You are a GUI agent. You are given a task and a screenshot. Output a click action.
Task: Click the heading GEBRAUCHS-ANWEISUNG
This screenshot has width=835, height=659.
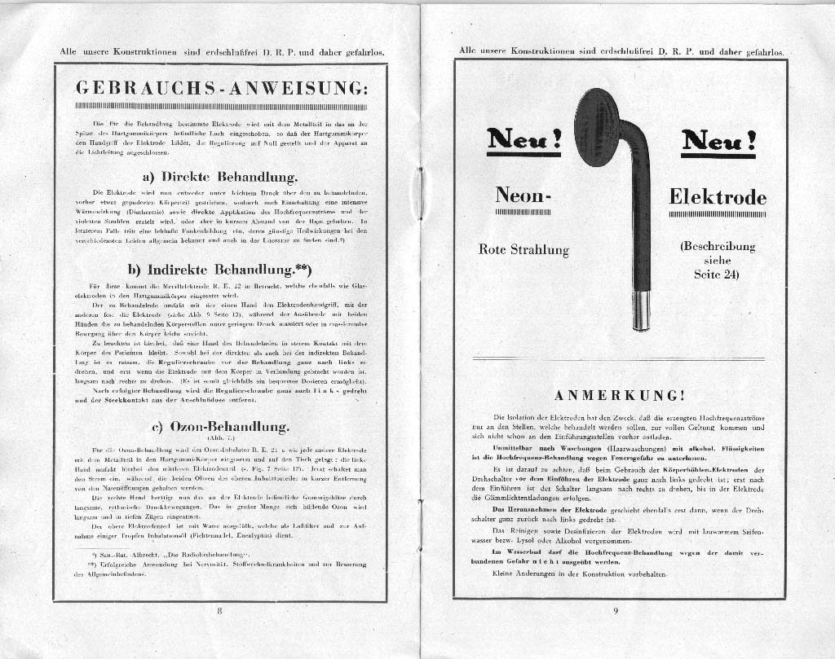(220, 88)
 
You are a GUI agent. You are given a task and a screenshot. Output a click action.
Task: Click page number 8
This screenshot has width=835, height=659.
(219, 611)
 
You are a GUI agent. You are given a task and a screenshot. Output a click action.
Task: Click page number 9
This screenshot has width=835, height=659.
(616, 612)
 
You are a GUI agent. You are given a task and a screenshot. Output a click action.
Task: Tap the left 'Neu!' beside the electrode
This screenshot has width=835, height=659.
(524, 140)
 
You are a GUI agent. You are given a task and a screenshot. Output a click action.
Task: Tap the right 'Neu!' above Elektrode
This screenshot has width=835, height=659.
(718, 141)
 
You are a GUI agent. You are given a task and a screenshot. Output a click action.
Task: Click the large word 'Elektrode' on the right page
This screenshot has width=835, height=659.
(718, 197)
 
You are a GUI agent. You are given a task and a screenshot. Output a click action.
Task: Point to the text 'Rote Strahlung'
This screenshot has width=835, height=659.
(524, 250)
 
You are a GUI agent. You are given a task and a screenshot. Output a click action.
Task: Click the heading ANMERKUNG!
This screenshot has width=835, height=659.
(619, 396)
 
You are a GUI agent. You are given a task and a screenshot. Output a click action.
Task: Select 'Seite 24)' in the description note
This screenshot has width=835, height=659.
(718, 275)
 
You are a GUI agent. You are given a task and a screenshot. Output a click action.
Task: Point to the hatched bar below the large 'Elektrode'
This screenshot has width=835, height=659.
(718, 215)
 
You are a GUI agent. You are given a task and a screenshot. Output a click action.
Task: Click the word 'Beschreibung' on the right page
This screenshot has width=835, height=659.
(718, 246)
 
